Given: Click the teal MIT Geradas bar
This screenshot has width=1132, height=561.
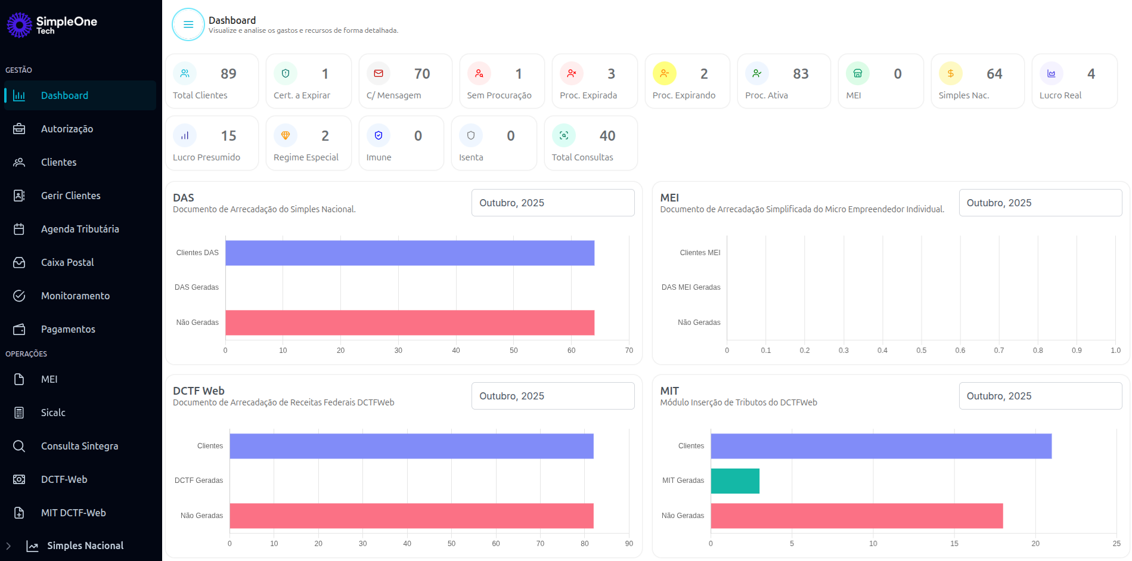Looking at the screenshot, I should pos(734,481).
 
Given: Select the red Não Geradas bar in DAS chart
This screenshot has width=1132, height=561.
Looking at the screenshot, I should pos(410,323).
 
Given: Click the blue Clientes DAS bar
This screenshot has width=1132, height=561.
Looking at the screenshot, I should pos(410,253).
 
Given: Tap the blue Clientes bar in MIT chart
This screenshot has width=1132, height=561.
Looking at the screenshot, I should pos(880,446).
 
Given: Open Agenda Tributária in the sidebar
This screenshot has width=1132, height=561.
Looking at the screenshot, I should pos(80,229).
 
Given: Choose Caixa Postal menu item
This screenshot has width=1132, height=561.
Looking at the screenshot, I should pos(67,262).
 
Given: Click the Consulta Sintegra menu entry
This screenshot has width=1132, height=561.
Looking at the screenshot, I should pos(79,446).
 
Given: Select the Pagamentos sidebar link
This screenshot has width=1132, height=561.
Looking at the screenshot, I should pos(68,329).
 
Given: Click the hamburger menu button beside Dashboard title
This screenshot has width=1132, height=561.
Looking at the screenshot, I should pos(188,24).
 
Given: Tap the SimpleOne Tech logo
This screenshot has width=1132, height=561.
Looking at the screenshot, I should pos(52,25).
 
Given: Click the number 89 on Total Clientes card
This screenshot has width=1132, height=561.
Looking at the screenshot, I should pos(228,74).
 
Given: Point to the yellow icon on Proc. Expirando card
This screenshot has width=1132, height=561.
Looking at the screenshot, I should pos(665,73).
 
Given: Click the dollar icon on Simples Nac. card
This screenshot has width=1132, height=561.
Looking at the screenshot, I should pos(950,73).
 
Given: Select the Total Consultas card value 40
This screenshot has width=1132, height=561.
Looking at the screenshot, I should pos(607,136).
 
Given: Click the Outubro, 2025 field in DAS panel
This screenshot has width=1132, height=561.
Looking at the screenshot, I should pos(553,203).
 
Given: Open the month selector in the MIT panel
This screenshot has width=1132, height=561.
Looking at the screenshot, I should pos(1040,396).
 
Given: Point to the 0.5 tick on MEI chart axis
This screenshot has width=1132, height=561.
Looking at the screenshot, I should pos(921,351).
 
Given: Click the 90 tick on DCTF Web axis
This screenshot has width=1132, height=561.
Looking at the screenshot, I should pos(629,544).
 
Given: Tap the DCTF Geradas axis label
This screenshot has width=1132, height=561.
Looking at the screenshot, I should pos(199,481).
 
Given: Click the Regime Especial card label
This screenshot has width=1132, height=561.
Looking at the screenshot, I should pos(306,157).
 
